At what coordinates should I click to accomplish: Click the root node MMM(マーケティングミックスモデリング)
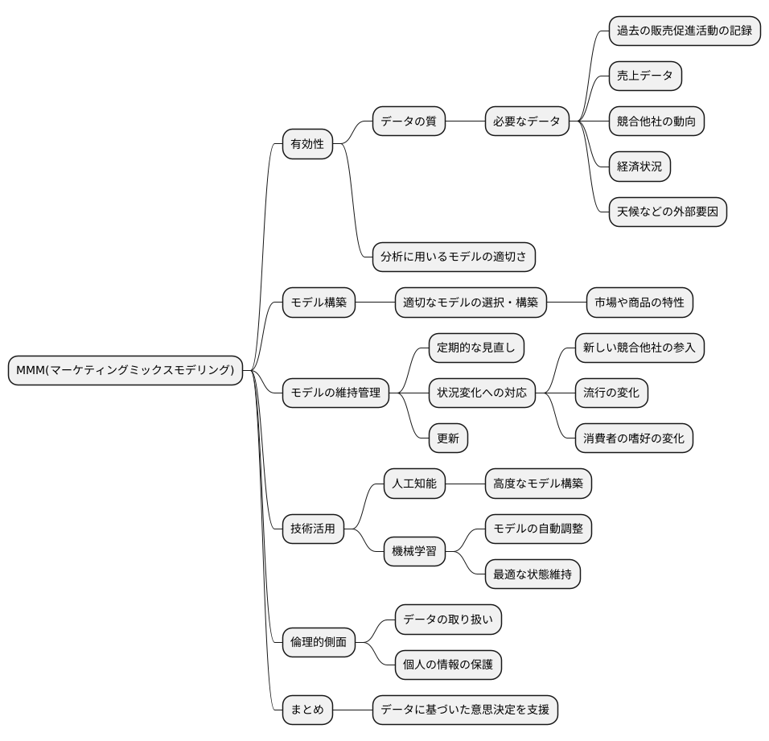[125, 370]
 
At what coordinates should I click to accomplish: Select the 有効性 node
[307, 144]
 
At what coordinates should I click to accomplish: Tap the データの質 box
[409, 121]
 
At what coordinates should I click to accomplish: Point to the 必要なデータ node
[527, 121]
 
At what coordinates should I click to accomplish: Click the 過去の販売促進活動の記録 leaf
[685, 31]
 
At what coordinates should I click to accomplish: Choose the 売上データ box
[645, 76]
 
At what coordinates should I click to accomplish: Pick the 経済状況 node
[639, 167]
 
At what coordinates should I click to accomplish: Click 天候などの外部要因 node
[668, 212]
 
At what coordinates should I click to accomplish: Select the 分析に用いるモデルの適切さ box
[454, 257]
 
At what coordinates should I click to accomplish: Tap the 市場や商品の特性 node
[639, 303]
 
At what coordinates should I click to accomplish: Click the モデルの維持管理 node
[335, 393]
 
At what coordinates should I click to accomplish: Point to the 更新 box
[448, 438]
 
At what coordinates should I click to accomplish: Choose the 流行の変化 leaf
[611, 393]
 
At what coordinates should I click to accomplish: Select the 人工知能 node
[414, 484]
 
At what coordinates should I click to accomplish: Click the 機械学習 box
[414, 551]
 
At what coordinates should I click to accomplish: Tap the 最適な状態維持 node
[533, 574]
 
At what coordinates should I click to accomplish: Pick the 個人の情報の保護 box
[448, 665]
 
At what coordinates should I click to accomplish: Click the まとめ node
[307, 710]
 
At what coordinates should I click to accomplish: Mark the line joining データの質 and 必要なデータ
[465, 121]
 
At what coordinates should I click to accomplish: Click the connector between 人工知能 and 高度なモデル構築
[465, 484]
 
